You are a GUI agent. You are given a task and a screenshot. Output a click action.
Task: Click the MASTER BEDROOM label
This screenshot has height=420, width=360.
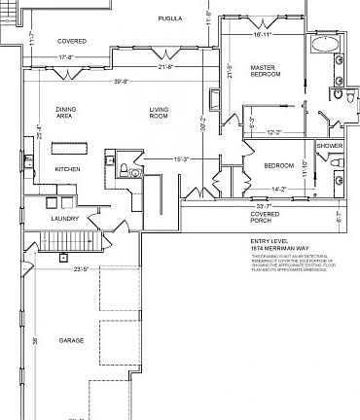[x=265, y=72]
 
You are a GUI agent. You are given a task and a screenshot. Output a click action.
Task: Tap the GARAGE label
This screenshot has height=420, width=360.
[x=70, y=341]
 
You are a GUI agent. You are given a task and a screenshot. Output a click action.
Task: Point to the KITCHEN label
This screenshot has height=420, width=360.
[x=67, y=168]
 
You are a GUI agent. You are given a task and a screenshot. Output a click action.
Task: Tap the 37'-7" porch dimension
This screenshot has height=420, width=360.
[x=262, y=206]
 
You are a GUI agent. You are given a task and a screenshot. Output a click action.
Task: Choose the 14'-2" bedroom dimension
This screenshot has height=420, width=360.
[x=278, y=190]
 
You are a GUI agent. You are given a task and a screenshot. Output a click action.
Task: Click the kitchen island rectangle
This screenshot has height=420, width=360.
[x=71, y=148]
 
